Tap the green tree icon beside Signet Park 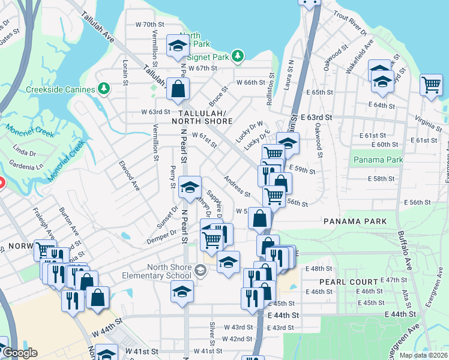pyautogui.click(x=238, y=56)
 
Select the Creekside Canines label pyautogui.click(x=61, y=89)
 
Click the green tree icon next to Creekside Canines pyautogui.click(x=104, y=89)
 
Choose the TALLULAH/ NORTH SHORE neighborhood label pyautogui.click(x=202, y=117)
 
